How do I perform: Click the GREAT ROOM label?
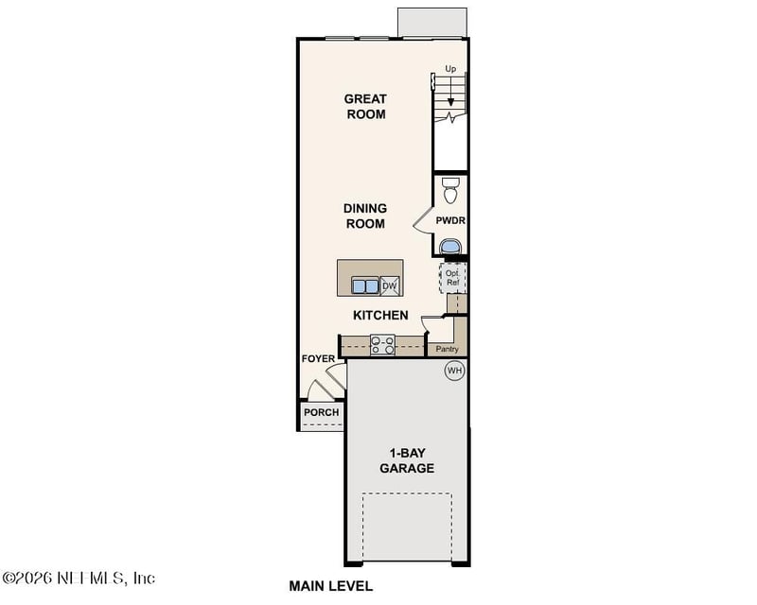pos(364,106)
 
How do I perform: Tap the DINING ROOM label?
pos(364,216)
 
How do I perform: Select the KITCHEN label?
pos(380,315)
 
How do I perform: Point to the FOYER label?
pos(317,359)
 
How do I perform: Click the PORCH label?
pos(321,412)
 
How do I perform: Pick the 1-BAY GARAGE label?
pos(407,460)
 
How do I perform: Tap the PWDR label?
pos(450,220)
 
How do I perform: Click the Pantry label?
pos(447,349)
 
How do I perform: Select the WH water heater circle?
pos(454,371)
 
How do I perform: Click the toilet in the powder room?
pos(450,190)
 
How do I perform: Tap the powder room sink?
pos(451,247)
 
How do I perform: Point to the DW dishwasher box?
pos(390,285)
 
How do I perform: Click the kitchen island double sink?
pos(364,285)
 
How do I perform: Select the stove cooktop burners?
pos(382,345)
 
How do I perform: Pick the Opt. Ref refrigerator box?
pos(452,277)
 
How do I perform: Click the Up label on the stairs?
pos(450,69)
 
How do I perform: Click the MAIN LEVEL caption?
pos(331,586)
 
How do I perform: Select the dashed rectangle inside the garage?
pos(408,526)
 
